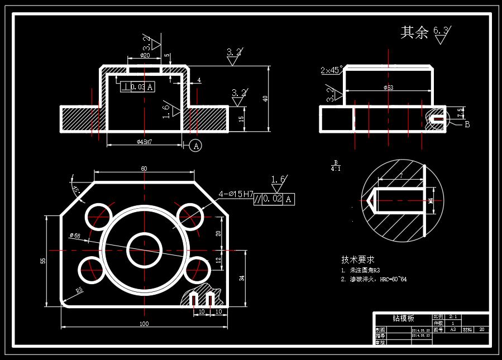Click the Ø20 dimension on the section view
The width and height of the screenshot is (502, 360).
[145, 56]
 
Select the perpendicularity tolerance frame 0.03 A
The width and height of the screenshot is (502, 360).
[137, 87]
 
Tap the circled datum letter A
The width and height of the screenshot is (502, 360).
[195, 146]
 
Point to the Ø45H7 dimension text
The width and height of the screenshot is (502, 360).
[145, 142]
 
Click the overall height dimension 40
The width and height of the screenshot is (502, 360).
[266, 99]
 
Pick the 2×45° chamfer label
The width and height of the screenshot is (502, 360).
[332, 70]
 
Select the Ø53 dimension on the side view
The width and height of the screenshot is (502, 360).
[389, 88]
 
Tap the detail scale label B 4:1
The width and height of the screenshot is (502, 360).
[336, 165]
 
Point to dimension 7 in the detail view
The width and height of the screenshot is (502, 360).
[401, 176]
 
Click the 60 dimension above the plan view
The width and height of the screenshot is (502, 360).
[144, 169]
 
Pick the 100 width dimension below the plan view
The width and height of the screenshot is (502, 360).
[144, 324]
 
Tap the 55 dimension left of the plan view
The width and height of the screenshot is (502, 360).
[43, 261]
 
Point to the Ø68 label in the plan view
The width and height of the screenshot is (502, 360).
[75, 236]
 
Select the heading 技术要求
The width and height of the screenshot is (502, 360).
[358, 260]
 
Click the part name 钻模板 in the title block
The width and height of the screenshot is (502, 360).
[403, 318]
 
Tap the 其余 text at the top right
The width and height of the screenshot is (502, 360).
[414, 32]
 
